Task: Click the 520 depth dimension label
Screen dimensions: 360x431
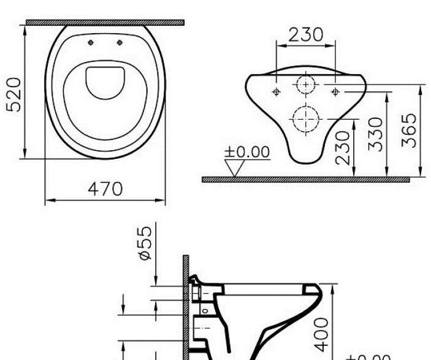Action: pos(15,94)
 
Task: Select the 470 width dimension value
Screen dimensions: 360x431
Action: pos(104,188)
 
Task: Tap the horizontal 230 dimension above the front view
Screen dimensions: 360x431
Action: pos(306,34)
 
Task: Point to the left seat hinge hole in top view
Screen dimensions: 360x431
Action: pos(91,42)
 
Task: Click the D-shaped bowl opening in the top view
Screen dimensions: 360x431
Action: pos(105,82)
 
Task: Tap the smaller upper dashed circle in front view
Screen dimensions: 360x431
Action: pos(305,84)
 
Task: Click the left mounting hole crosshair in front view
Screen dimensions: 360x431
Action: pos(276,92)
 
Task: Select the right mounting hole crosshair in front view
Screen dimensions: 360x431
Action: pos(335,92)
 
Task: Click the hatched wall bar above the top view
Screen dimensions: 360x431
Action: pos(105,23)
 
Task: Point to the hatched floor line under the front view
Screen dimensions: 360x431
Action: pos(305,180)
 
